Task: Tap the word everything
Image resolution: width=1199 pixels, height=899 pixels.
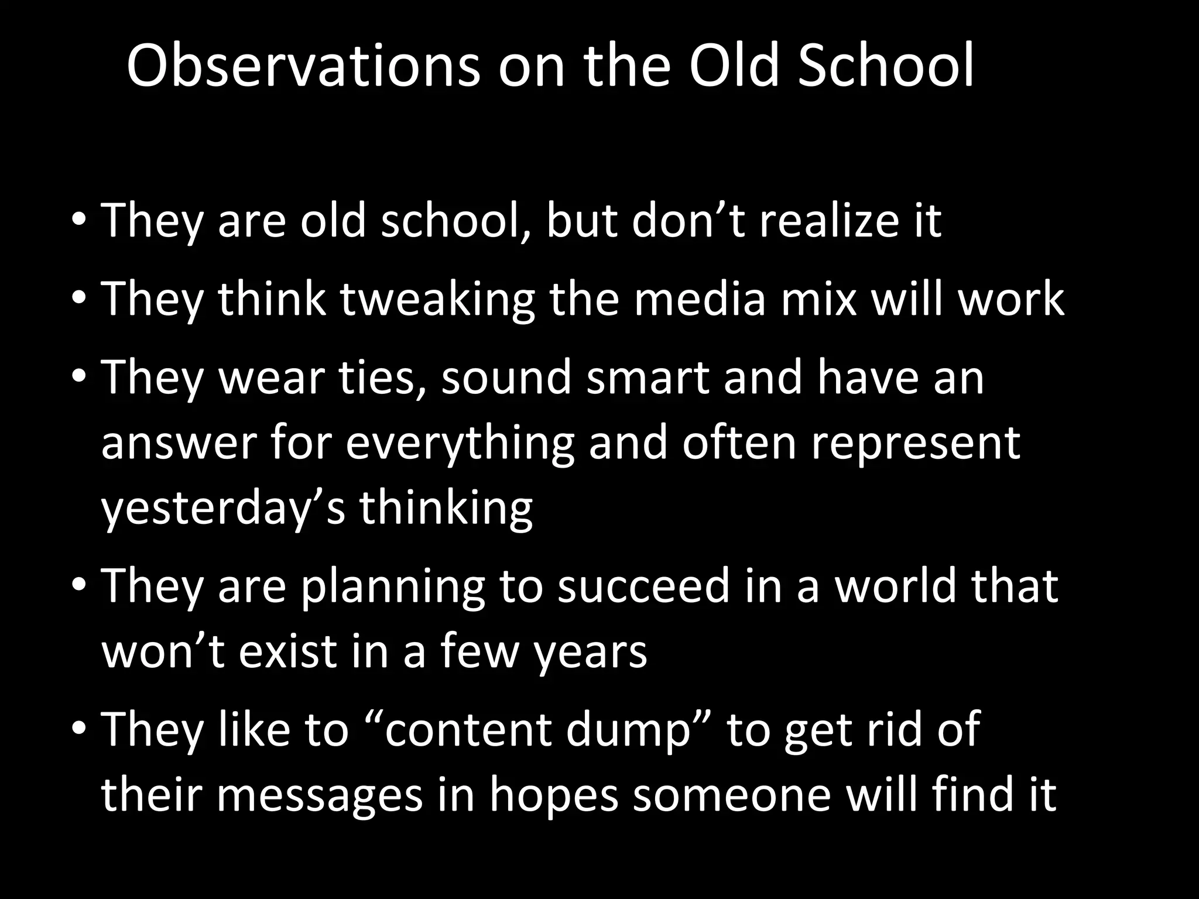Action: click(460, 443)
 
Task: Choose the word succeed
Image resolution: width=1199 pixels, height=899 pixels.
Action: click(643, 586)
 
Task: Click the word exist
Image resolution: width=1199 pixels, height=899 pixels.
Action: click(287, 651)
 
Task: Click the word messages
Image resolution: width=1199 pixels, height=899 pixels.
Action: click(320, 795)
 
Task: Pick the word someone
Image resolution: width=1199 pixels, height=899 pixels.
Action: click(731, 795)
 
